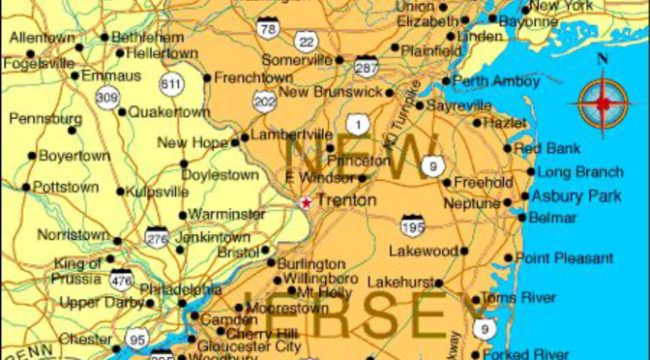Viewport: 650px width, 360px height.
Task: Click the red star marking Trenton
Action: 306,202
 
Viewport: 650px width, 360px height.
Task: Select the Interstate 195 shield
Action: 413,226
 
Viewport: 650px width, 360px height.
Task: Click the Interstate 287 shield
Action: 367,66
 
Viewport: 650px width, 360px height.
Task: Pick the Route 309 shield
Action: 106,96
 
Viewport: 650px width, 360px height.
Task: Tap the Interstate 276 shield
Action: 157,236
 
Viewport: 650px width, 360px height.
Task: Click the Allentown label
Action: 42,38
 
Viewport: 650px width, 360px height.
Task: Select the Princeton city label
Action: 358,160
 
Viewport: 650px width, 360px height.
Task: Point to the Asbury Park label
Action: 576,195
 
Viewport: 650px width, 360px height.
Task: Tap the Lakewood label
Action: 422,251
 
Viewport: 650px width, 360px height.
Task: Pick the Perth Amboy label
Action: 496,81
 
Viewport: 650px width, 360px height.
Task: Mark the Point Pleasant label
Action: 564,258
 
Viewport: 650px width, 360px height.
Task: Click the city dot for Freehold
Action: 446,182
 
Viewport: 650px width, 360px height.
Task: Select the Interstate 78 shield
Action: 267,28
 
